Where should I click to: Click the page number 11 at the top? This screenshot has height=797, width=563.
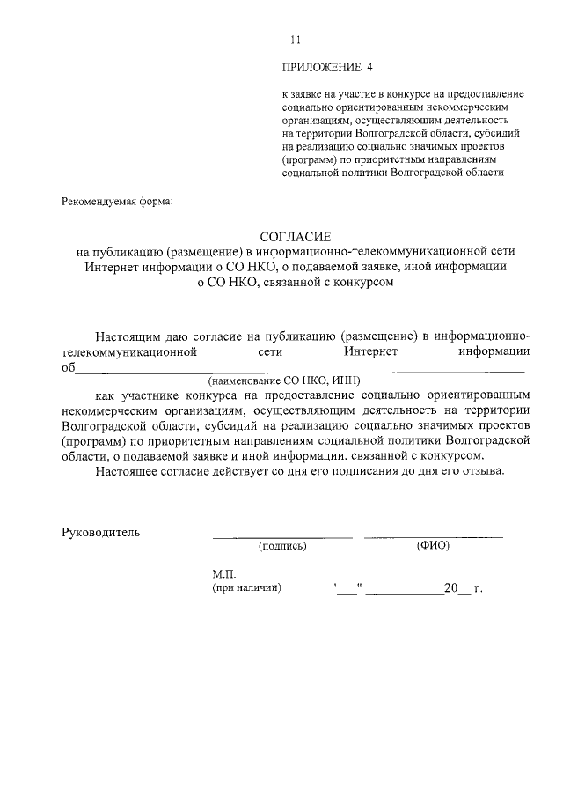(x=295, y=40)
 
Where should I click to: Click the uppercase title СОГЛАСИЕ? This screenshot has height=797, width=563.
(x=294, y=236)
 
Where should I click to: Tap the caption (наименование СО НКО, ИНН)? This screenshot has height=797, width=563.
(x=280, y=381)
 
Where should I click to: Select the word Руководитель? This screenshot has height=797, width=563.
(x=100, y=531)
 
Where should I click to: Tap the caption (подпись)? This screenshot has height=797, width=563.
(x=281, y=546)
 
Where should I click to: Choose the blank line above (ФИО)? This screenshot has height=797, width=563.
(x=433, y=535)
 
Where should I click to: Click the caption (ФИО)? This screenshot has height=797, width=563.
(x=433, y=546)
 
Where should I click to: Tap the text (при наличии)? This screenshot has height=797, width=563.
(x=246, y=588)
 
